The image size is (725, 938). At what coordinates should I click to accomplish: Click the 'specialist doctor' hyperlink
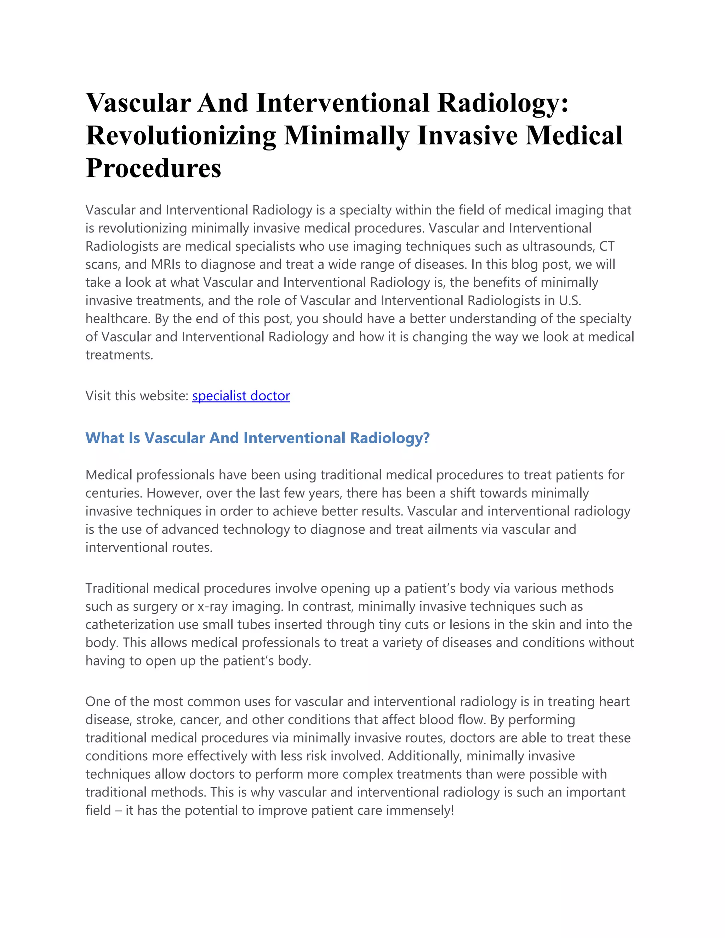pyautogui.click(x=241, y=396)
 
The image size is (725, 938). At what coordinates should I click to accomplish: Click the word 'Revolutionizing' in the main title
pyautogui.click(x=181, y=136)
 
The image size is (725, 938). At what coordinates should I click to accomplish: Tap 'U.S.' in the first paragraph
pyautogui.click(x=570, y=301)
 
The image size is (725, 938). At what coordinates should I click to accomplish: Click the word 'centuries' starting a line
pyautogui.click(x=113, y=493)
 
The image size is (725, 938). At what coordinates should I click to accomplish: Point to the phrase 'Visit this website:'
pyautogui.click(x=137, y=396)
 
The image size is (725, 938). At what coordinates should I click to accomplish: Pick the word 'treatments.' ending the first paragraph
pyautogui.click(x=119, y=355)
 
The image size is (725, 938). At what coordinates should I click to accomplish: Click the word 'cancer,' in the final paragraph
pyautogui.click(x=201, y=720)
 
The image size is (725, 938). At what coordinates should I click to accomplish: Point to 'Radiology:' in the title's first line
pyautogui.click(x=503, y=103)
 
